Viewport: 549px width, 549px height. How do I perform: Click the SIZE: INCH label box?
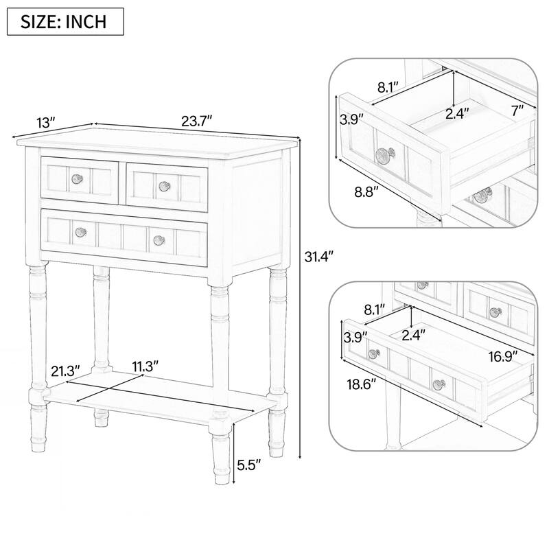(65, 21)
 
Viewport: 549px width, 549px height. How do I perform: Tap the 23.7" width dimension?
(197, 121)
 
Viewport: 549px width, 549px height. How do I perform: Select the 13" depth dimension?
(46, 123)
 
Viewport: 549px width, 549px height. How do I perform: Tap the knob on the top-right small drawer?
(163, 185)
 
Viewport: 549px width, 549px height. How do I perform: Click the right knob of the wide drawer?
(159, 239)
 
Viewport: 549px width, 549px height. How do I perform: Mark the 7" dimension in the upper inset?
(517, 108)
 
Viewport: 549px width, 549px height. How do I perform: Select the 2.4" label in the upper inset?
(457, 113)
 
